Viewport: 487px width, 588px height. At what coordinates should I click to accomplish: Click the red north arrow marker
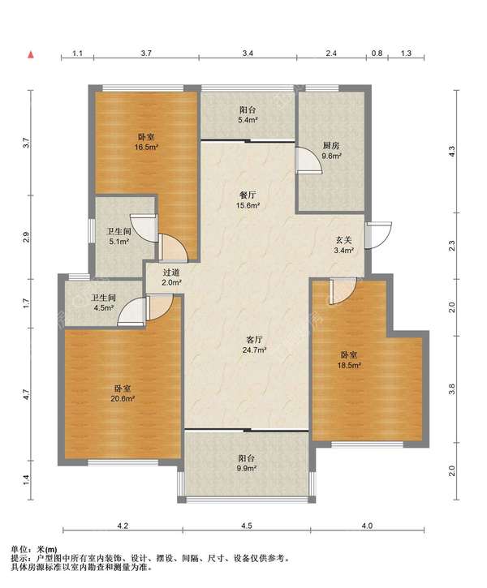click(x=31, y=55)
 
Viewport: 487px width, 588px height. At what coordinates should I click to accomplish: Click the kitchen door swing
click(x=309, y=161)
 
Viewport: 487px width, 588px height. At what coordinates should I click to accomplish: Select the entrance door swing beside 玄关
click(x=379, y=235)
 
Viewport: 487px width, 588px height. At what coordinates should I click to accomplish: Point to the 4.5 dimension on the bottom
click(x=247, y=526)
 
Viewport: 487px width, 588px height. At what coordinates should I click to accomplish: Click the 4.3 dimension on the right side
click(x=452, y=151)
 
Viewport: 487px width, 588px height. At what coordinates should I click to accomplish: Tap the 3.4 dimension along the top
click(x=248, y=54)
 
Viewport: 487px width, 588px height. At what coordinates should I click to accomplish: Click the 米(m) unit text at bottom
click(x=47, y=549)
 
